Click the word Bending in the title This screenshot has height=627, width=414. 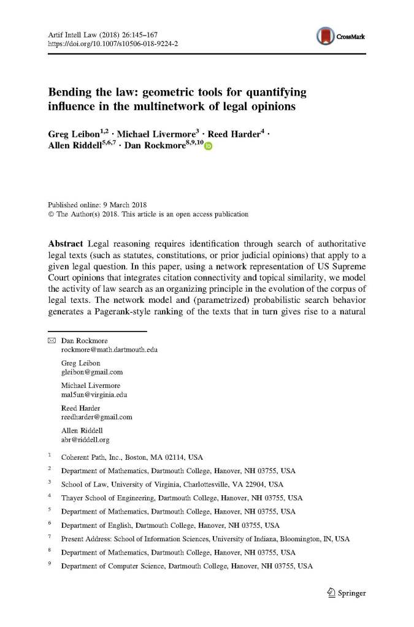pyautogui.click(x=72, y=93)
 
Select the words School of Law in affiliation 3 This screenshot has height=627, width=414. pyautogui.click(x=83, y=484)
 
